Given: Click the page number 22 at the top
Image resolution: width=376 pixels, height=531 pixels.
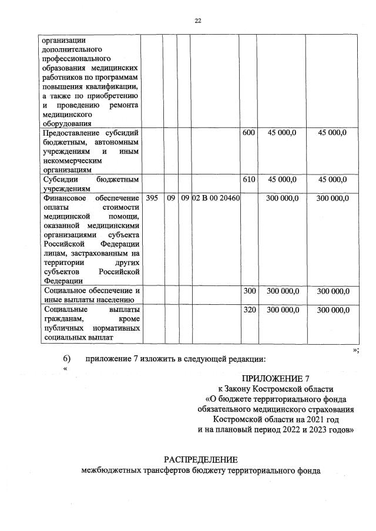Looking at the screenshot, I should click(x=198, y=21).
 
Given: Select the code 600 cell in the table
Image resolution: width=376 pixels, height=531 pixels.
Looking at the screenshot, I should click(x=249, y=133).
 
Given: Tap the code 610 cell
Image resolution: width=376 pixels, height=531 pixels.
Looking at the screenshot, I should click(x=249, y=180).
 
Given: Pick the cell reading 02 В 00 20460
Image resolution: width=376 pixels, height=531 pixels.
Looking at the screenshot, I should click(x=216, y=199).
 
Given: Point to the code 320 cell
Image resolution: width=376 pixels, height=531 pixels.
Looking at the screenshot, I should click(x=249, y=310).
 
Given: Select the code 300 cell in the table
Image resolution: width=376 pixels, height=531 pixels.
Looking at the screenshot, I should click(x=249, y=291).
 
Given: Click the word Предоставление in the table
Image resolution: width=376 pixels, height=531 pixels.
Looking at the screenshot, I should click(x=68, y=133).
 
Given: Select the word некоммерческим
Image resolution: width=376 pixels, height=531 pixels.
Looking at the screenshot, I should click(x=72, y=160).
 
